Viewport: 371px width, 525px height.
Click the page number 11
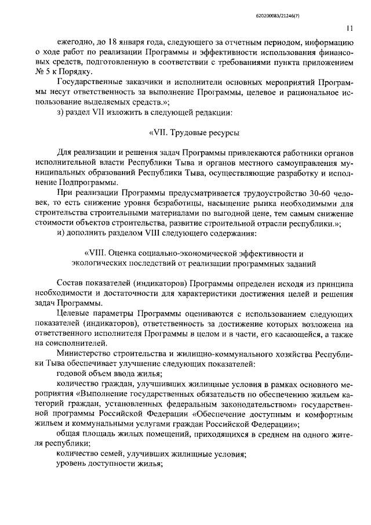[350, 28]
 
